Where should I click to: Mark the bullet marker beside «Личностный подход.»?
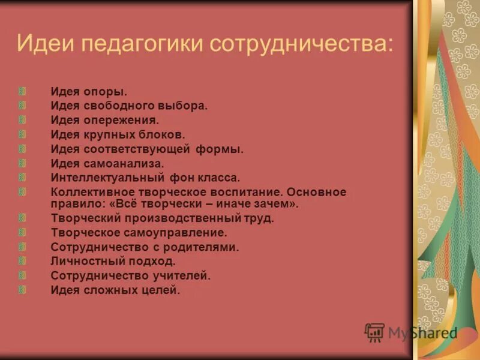(x=22, y=261)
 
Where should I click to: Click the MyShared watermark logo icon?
(x=375, y=331)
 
